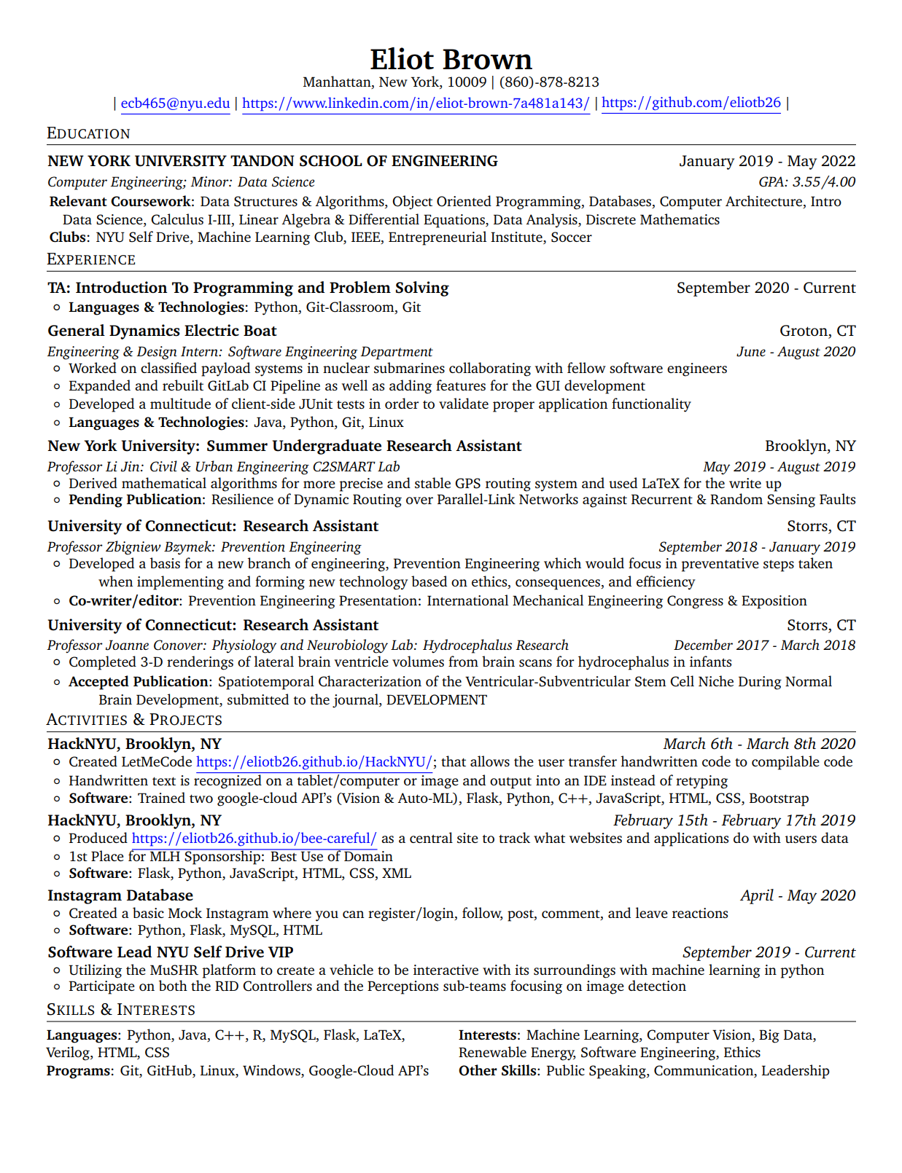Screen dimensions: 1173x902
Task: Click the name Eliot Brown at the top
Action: pos(451,59)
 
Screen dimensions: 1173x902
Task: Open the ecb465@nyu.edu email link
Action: pos(175,103)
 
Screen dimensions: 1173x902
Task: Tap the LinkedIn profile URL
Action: pos(416,103)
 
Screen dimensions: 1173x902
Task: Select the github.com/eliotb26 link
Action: pos(691,103)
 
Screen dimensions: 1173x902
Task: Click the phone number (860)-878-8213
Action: pos(549,82)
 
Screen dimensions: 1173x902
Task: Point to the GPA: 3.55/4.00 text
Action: pos(806,182)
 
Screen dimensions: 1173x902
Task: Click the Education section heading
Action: pos(88,133)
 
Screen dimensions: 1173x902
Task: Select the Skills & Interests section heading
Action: pos(121,1010)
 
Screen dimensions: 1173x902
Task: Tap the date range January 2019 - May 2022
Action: pos(767,161)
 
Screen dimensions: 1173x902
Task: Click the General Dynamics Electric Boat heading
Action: pos(162,331)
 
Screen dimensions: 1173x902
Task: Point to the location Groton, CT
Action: pos(817,331)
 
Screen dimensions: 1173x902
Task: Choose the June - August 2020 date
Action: pos(796,352)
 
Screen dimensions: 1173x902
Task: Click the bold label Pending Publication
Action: pos(136,500)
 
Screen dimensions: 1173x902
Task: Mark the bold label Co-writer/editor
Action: pos(124,601)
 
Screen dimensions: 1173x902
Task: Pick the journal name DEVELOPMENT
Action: pos(436,700)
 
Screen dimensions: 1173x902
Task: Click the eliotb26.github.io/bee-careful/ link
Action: pos(254,839)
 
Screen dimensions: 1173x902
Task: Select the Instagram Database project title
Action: pos(120,895)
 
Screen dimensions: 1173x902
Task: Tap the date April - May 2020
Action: pos(798,895)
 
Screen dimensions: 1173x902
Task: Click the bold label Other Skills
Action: pos(499,1071)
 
